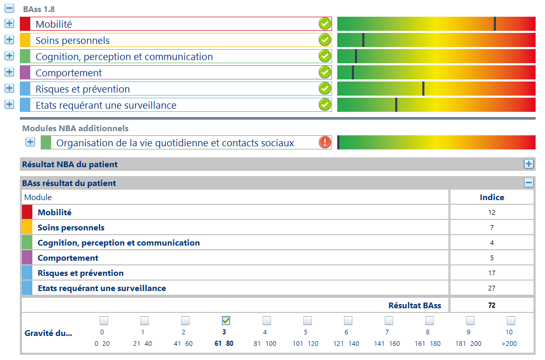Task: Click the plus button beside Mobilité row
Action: coord(9,24)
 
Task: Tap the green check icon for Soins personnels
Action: coord(325,40)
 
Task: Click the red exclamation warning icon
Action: coord(325,142)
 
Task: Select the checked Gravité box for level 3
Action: coord(226,320)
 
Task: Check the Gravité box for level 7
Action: coord(389,320)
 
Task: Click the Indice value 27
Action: coord(491,288)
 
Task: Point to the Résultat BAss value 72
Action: coord(491,306)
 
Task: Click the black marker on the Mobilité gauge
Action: coord(495,24)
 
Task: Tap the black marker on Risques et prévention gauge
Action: coord(423,89)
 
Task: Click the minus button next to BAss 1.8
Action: coord(9,9)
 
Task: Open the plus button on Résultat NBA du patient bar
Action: coord(529,164)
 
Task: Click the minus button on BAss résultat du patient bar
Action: coord(529,183)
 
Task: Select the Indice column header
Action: coord(492,197)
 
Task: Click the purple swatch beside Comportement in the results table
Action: coord(27,258)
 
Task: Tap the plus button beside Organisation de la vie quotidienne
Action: coord(30,142)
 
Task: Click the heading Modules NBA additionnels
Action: coord(75,128)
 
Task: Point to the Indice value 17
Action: coord(491,273)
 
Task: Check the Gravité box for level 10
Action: coord(511,320)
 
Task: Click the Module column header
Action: coord(38,197)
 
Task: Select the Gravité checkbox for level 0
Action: coord(104,320)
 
